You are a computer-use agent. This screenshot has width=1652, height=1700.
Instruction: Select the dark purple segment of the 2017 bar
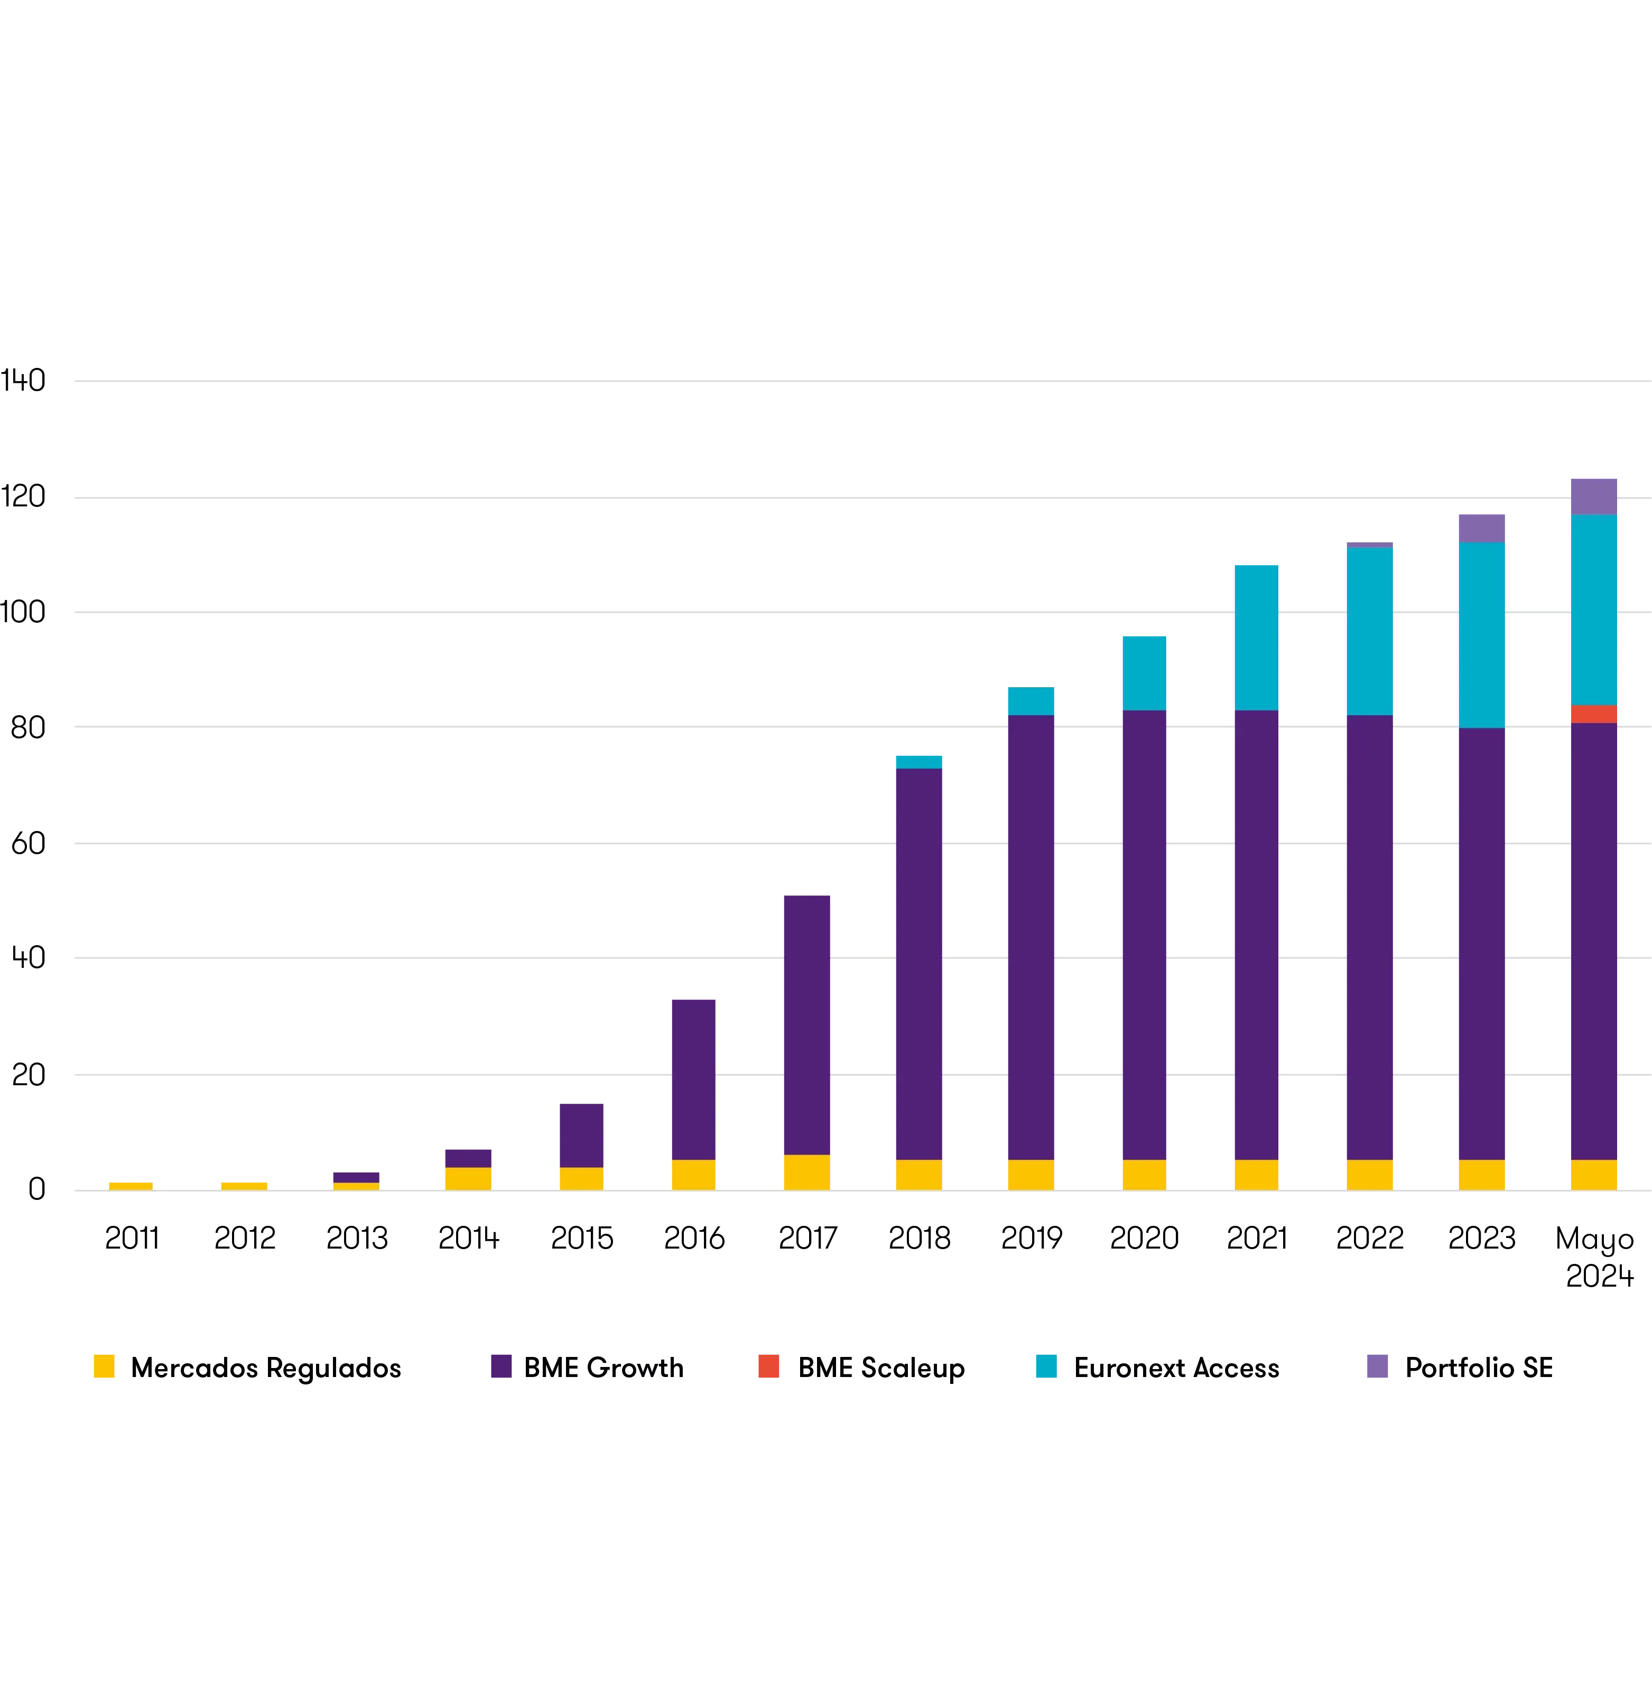click(x=807, y=1023)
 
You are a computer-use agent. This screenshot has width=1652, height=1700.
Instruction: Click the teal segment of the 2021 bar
click(x=1256, y=636)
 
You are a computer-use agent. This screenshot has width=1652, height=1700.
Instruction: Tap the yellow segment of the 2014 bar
click(x=469, y=1178)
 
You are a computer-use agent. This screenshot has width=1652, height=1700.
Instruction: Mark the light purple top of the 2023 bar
click(x=1481, y=526)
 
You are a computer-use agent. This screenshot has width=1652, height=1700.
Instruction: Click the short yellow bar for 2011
click(x=131, y=1185)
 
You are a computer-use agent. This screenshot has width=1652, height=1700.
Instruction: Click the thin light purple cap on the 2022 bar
click(x=1369, y=544)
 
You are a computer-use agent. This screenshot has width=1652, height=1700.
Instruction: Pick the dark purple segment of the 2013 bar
click(x=356, y=1177)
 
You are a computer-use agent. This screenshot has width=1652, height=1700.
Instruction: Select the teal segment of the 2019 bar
click(x=1031, y=699)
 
